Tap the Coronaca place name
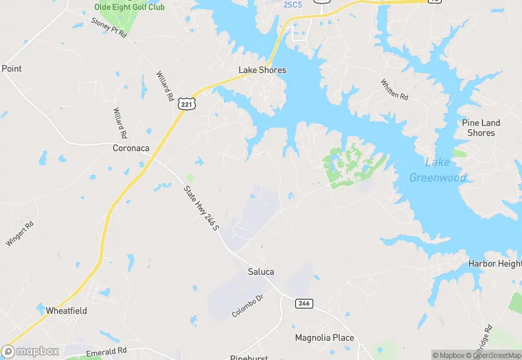click(x=130, y=148)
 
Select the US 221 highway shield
click(x=188, y=103)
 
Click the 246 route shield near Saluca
click(x=304, y=303)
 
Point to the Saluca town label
click(x=261, y=272)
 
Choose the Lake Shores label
click(x=262, y=70)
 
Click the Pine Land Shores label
click(x=481, y=128)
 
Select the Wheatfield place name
click(x=67, y=311)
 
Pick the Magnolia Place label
click(x=324, y=338)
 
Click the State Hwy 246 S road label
click(x=201, y=209)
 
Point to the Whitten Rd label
click(x=394, y=89)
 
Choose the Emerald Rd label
click(x=107, y=352)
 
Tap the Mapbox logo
click(x=30, y=352)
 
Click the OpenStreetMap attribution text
click(x=494, y=355)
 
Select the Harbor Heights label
click(x=495, y=264)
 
